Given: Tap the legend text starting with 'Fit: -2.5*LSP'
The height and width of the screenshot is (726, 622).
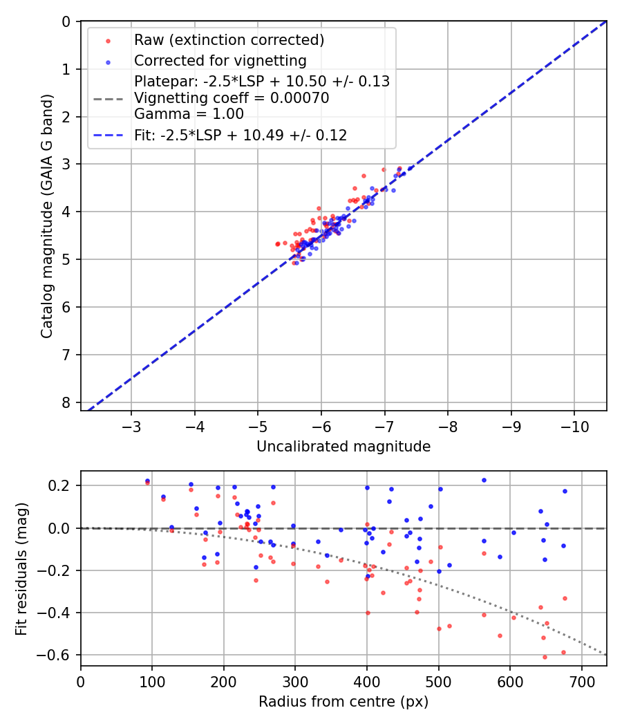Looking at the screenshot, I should [241, 136].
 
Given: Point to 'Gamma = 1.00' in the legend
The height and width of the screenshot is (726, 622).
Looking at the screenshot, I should [189, 114].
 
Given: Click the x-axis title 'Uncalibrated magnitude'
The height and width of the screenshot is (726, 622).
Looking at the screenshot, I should [343, 447].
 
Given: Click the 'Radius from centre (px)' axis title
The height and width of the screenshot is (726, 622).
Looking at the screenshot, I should [343, 702].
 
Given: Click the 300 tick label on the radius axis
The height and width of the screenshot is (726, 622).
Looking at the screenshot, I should [295, 680].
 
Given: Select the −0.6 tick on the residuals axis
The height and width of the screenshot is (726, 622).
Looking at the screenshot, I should [57, 655].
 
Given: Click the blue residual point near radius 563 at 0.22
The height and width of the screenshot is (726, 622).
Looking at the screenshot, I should [484, 480].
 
